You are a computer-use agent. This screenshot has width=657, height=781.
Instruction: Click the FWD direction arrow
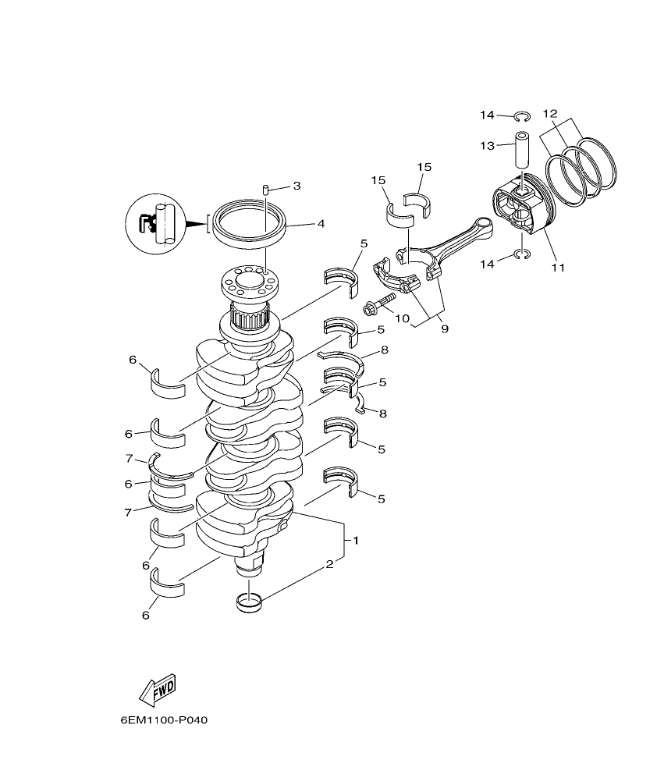point(157,687)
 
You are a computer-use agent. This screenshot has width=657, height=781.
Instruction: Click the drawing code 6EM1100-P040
point(159,719)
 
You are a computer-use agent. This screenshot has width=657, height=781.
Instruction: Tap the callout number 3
point(297,186)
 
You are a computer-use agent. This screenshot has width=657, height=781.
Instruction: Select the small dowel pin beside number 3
point(265,190)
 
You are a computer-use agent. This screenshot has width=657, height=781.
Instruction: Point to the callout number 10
point(403,318)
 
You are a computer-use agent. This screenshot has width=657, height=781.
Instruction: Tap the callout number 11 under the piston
point(557,268)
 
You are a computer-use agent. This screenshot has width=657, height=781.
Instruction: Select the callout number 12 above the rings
point(549,112)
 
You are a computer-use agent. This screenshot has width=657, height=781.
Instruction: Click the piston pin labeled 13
point(520,152)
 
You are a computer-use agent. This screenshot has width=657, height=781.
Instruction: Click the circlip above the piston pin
point(523,117)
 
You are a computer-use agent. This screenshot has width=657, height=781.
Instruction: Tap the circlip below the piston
point(523,254)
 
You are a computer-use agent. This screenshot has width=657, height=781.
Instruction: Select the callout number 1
point(356,540)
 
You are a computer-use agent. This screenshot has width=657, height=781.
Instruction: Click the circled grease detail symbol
point(154,222)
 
